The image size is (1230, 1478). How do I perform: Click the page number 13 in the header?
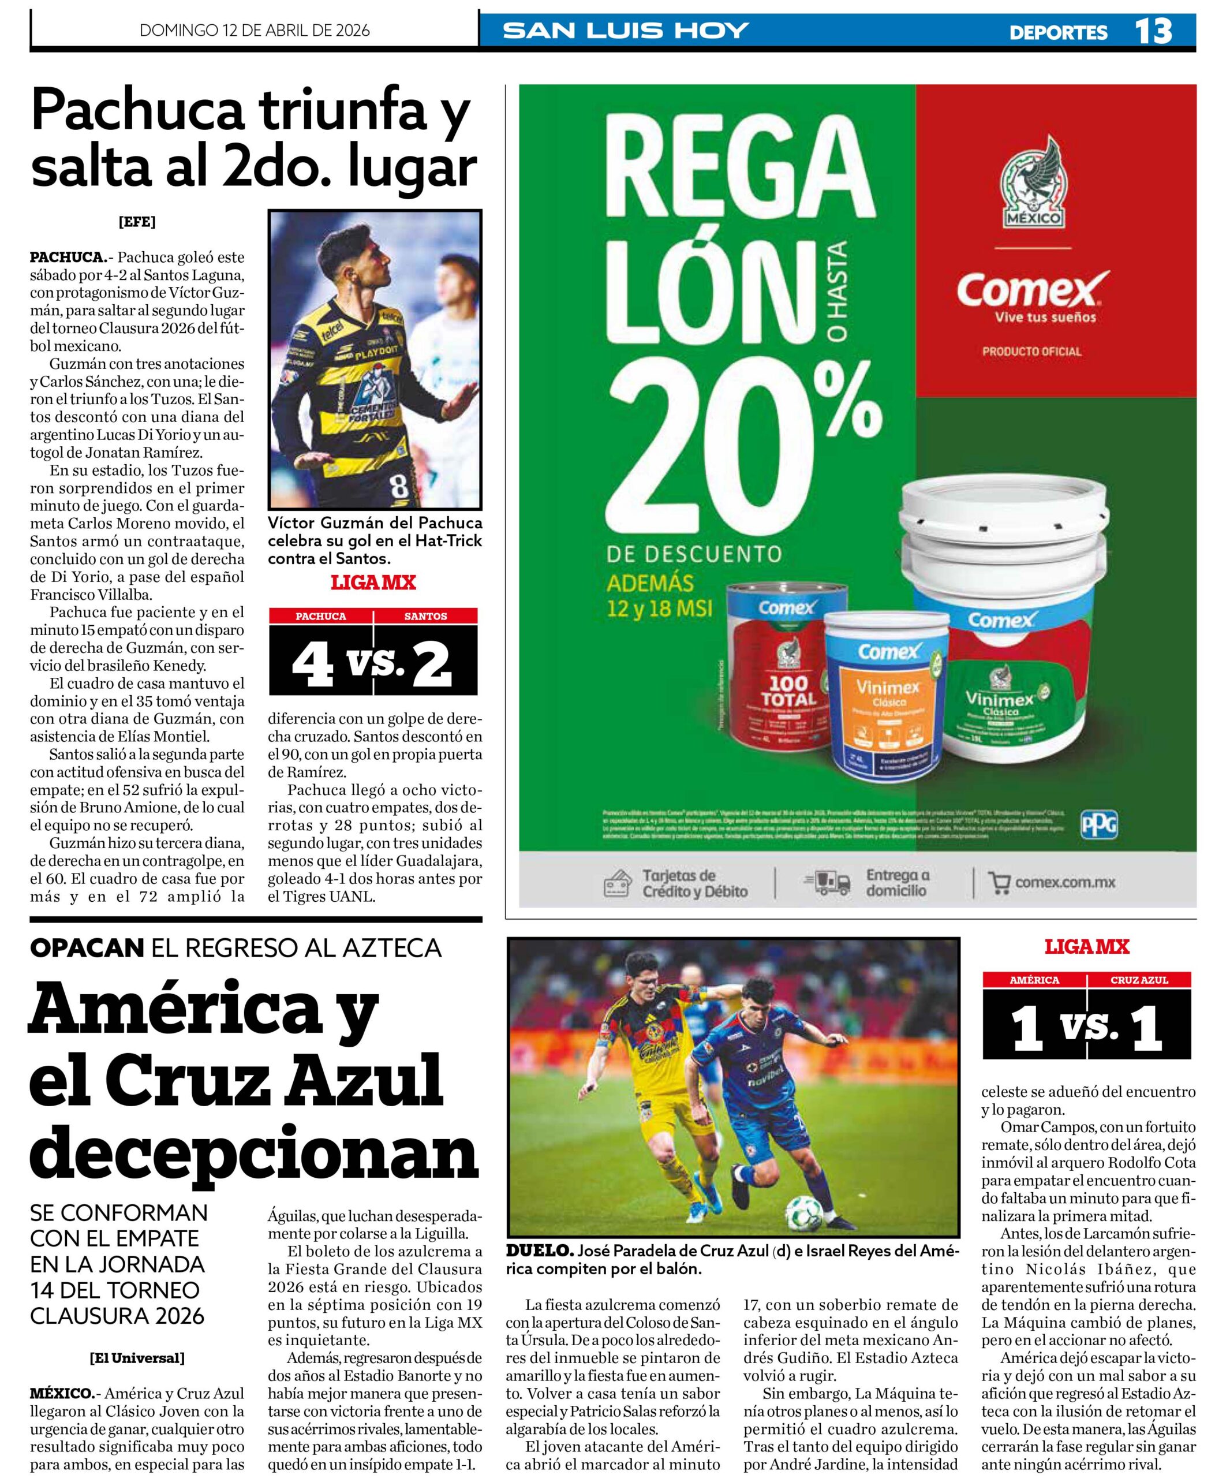click(x=1153, y=31)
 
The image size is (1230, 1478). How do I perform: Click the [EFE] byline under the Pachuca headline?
click(x=137, y=222)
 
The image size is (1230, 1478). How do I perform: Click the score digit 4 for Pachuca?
click(x=312, y=665)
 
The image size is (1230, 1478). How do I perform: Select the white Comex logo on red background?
click(x=1032, y=290)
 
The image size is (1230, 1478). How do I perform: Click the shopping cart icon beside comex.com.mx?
click(x=998, y=883)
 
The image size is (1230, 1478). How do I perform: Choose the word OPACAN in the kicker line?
click(x=87, y=948)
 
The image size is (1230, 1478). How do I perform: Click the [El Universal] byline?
click(x=137, y=1358)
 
